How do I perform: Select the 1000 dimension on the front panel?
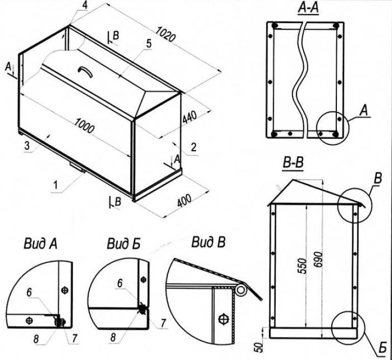[x=84, y=125]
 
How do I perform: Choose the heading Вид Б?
[x=123, y=244]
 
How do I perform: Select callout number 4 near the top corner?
[x=84, y=5]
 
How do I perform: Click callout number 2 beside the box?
[x=194, y=148]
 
